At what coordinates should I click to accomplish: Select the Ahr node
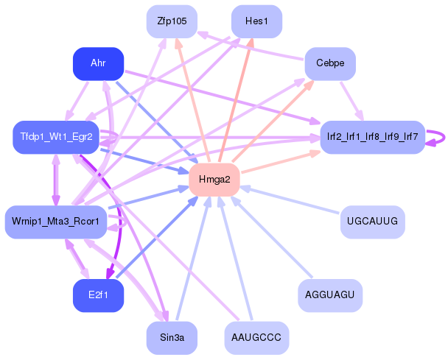point(98,64)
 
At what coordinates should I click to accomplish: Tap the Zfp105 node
point(172,22)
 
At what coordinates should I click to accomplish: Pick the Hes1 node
point(256,22)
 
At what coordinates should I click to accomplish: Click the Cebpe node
point(330,64)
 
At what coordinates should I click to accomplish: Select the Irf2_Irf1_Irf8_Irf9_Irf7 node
point(372,138)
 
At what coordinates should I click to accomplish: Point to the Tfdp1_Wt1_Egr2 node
point(56,138)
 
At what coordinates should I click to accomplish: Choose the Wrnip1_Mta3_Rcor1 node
point(56,222)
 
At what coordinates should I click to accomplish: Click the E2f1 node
point(98,295)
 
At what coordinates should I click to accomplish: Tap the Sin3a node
point(172,338)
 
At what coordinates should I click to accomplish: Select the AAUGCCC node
point(256,338)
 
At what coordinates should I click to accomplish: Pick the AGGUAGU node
point(330,295)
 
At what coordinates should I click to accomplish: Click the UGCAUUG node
point(372,222)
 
